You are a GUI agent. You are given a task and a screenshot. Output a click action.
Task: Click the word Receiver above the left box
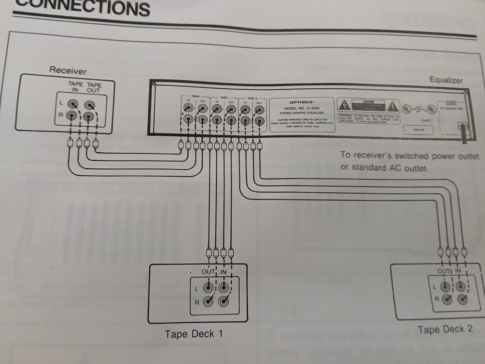[x=67, y=71]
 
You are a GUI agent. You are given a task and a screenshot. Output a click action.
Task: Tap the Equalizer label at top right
[x=446, y=80]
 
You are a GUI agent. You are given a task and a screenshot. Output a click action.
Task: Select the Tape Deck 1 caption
[x=194, y=334]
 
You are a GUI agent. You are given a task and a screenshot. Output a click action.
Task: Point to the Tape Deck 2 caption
[x=445, y=330]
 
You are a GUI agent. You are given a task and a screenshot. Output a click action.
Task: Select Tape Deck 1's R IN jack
[x=224, y=301]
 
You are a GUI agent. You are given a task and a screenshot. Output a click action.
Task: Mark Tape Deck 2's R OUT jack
[x=446, y=299]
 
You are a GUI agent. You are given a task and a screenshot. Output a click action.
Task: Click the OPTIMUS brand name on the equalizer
[x=301, y=102]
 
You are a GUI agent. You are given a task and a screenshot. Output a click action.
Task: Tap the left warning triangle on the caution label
[x=343, y=105]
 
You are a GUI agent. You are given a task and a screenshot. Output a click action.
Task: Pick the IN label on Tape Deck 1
[x=223, y=272]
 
